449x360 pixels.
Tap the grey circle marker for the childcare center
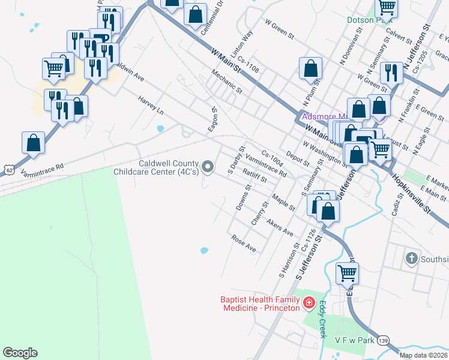(208, 167)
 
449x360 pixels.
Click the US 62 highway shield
(7, 170)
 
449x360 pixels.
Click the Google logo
(20, 353)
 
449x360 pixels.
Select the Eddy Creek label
(322, 319)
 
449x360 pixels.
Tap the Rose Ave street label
(244, 243)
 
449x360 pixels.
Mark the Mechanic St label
(226, 82)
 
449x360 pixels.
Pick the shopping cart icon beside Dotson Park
(387, 7)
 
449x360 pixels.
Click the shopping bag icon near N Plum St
(310, 68)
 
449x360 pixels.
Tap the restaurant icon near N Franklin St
(391, 74)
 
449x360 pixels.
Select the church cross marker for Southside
(411, 259)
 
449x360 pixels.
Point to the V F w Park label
(355, 340)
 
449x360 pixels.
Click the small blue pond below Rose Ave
(204, 251)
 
